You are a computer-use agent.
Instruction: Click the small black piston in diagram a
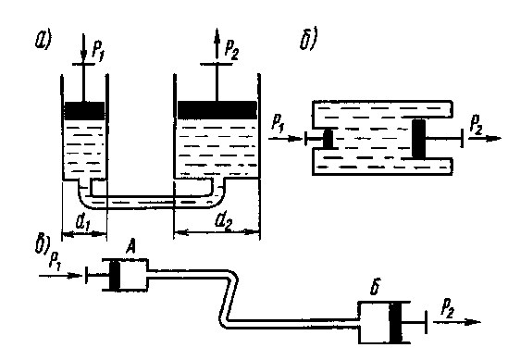click(x=84, y=111)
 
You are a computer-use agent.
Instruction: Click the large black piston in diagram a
click(x=217, y=110)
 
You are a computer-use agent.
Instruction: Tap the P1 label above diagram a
click(x=98, y=51)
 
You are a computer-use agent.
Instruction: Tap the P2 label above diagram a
click(x=232, y=51)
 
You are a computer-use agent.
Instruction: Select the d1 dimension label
click(x=82, y=222)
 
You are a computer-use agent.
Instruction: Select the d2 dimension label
click(x=224, y=222)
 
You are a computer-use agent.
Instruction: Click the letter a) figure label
click(x=43, y=41)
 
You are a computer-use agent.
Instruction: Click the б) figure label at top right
click(x=308, y=39)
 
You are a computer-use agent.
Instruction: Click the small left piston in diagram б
click(x=328, y=139)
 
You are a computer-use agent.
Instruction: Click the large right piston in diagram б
click(x=418, y=139)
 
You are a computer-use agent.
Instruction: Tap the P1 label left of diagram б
click(x=278, y=123)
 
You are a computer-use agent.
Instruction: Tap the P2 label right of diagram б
click(x=476, y=125)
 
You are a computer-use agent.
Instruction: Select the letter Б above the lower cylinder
click(x=375, y=286)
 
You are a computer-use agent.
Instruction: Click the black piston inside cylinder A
click(x=115, y=275)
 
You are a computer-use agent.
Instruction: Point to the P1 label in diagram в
click(x=55, y=261)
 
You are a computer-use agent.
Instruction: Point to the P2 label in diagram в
click(x=448, y=308)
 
